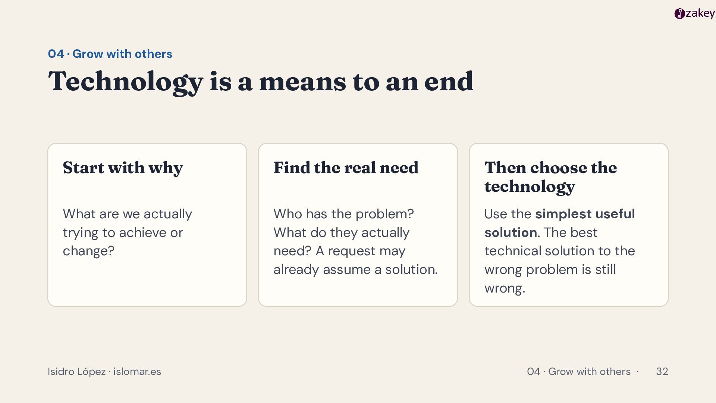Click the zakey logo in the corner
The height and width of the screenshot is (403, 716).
point(694,13)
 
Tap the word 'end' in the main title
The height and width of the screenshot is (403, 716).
point(449,81)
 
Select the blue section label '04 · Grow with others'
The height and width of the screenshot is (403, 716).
point(110,54)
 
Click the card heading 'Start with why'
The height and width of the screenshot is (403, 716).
point(123,168)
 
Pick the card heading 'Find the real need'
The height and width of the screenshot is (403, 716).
point(346,168)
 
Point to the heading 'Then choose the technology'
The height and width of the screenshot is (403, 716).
point(550,177)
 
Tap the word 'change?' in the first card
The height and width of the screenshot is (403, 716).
point(88,251)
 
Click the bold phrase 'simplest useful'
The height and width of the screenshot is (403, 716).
point(585,214)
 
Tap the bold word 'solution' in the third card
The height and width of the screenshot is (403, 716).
point(511,232)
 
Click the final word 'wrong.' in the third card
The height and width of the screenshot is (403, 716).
point(505,288)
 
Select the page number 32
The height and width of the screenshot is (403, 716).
point(662,372)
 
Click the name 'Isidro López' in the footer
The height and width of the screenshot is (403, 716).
point(76,372)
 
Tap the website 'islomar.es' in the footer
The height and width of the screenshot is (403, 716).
point(137,372)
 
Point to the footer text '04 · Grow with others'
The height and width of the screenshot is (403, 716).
point(579,372)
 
